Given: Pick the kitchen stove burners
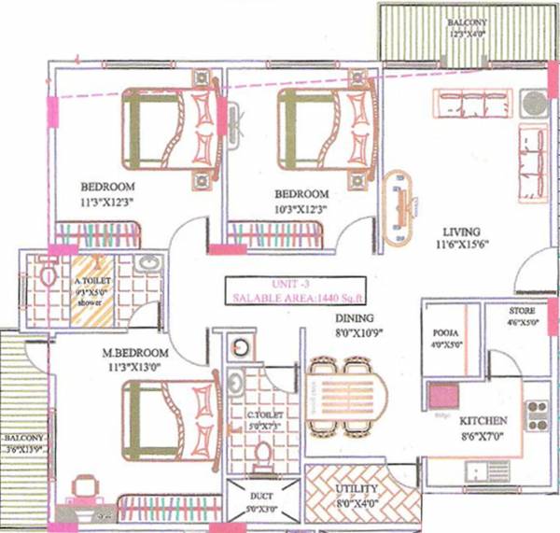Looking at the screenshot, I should [x=539, y=414].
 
